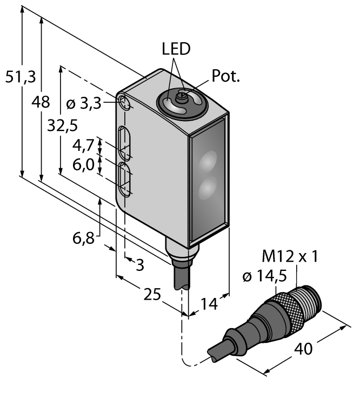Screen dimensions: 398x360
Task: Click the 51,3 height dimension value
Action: coord(21,77)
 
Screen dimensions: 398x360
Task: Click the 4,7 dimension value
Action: coord(83,146)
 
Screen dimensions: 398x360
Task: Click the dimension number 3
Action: coord(139,265)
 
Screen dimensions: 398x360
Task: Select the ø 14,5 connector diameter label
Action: coord(263,276)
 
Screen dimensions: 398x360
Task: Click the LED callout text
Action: coord(176,49)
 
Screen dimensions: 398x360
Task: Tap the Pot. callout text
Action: coord(226,77)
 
